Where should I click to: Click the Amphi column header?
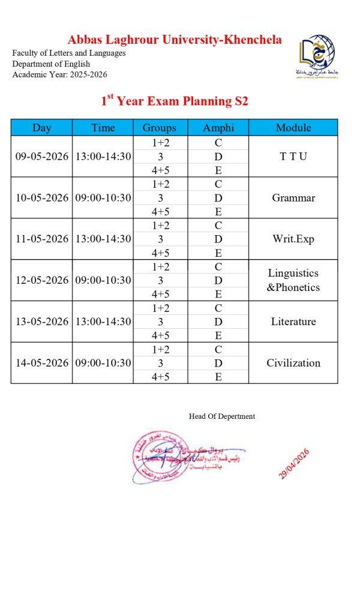[218, 127]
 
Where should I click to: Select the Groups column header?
[160, 127]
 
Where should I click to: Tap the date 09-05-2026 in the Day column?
[42, 156]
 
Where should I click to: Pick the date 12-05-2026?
[42, 280]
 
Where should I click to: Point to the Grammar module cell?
[293, 197]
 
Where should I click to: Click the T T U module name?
[293, 156]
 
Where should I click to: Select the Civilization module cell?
[293, 362]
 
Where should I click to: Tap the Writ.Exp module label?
[293, 239]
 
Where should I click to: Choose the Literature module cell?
[293, 322]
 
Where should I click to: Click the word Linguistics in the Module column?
[293, 273]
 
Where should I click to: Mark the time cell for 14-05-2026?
[103, 362]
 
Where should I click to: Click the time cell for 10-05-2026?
[103, 197]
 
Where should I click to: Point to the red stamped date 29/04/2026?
[293, 464]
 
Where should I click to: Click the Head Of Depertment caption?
[222, 416]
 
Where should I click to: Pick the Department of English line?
[51, 64]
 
